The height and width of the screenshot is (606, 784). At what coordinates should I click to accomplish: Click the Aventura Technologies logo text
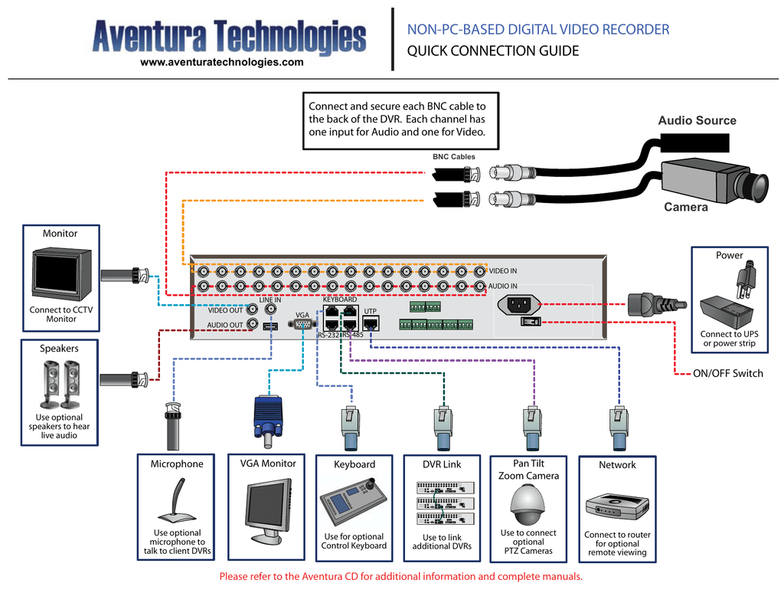(229, 36)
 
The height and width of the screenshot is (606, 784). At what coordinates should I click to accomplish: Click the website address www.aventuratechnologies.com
(222, 62)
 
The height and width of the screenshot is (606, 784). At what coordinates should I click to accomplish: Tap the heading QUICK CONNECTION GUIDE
(492, 51)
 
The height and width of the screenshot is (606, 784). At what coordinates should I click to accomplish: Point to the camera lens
(758, 185)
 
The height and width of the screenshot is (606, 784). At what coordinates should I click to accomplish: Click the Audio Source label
(697, 120)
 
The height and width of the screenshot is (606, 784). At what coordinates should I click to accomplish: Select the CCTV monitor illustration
(61, 274)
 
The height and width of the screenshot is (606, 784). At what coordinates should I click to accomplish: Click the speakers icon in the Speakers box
(60, 384)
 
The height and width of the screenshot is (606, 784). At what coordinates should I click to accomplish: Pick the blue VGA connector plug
(267, 418)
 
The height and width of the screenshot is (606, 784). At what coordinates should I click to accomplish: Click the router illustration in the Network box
(617, 506)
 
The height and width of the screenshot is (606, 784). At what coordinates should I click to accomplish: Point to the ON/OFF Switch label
(727, 373)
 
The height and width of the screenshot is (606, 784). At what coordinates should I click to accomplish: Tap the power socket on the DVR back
(519, 304)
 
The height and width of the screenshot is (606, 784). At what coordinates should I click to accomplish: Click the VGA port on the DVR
(302, 324)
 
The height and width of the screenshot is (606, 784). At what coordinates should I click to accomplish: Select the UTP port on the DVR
(371, 323)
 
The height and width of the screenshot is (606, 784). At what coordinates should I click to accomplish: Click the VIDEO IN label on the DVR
(503, 271)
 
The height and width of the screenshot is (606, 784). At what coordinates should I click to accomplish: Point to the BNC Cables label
(453, 156)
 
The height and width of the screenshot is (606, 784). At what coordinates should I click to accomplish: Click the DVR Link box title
(442, 464)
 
